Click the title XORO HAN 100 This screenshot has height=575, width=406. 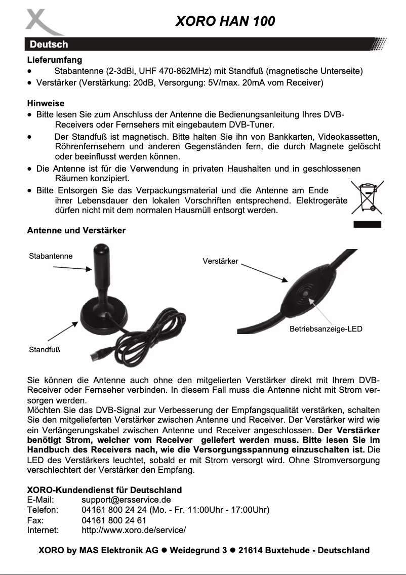click(x=225, y=21)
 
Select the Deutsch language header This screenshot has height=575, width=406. click(x=48, y=45)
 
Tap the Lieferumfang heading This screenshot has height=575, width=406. click(x=55, y=60)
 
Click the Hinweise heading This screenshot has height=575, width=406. click(x=46, y=103)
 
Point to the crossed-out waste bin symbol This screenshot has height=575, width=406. click(x=367, y=199)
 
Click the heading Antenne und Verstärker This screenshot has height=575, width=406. click(x=76, y=230)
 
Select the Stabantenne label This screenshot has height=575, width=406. click(x=51, y=256)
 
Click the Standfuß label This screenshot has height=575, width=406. click(x=45, y=349)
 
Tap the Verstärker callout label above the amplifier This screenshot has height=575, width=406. click(x=220, y=261)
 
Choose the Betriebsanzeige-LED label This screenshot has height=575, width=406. click(x=326, y=329)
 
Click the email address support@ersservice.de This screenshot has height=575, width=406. click(x=126, y=500)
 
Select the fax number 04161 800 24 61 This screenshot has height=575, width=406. click(x=114, y=520)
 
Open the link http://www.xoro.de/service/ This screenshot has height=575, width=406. click(x=134, y=530)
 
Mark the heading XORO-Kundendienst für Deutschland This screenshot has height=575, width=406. click(x=104, y=490)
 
